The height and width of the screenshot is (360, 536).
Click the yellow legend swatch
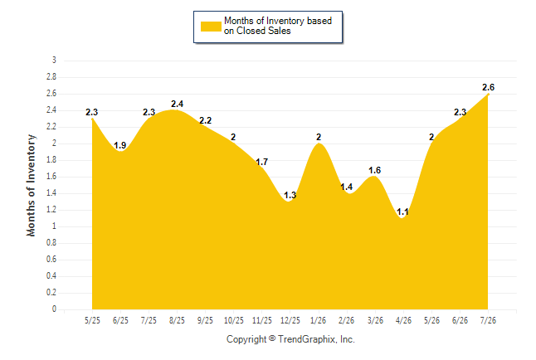pos(211,27)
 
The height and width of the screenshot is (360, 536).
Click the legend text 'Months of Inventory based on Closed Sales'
pos(278,26)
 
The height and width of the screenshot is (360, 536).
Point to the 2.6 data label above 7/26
pos(488,87)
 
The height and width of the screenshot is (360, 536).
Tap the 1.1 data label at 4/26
pos(402,212)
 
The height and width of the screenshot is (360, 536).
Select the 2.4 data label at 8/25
pos(177,104)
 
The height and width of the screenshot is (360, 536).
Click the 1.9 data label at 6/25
pos(120,145)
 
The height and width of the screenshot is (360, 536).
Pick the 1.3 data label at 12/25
pos(290,195)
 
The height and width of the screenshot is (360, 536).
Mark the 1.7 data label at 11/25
pos(262,162)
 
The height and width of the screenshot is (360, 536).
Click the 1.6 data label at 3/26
pos(375,170)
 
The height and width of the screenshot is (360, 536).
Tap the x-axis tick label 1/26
pos(319,320)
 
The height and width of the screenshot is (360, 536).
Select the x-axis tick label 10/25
pos(233,320)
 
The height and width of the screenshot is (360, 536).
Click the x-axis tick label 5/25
pos(92,320)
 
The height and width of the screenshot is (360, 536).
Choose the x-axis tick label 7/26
pos(488,320)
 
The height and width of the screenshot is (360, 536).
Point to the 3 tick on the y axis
pos(54,61)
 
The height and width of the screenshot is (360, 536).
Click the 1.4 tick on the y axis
pos(51,193)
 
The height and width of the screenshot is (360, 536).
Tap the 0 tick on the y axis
pos(54,309)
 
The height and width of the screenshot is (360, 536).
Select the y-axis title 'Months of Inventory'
pos(31,185)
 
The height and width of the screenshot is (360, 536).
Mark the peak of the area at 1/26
pos(319,144)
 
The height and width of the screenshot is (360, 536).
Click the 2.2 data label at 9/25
pos(206,120)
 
